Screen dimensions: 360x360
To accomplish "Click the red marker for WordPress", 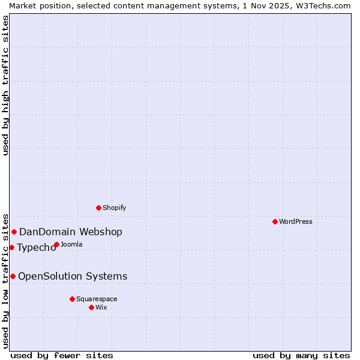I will click(x=275, y=221).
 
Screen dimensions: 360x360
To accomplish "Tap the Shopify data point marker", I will click(x=98, y=208).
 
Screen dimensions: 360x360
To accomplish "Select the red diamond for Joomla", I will click(x=56, y=244).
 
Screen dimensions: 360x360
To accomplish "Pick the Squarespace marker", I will click(x=72, y=299).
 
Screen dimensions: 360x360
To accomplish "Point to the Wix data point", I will click(x=91, y=307).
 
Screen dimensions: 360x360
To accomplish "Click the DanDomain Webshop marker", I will click(x=14, y=232).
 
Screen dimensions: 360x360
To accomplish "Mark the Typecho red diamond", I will click(x=11, y=247).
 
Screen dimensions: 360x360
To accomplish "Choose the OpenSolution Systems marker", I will click(x=13, y=276).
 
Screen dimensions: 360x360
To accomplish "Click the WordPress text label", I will click(x=296, y=221).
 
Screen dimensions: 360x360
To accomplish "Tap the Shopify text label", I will click(x=114, y=208).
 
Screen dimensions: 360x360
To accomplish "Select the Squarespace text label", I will click(x=97, y=299).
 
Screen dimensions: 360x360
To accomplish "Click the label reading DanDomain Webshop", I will click(x=71, y=232).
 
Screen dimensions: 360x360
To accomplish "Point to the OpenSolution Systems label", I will click(x=73, y=277).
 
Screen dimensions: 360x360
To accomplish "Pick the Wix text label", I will click(x=101, y=307).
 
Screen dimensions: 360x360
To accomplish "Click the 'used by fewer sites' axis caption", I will click(x=62, y=355).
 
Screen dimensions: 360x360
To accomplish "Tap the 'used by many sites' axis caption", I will click(x=301, y=355).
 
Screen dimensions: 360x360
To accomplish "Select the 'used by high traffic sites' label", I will click(x=5, y=85).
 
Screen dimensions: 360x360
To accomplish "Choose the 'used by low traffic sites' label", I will click(x=5, y=280).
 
